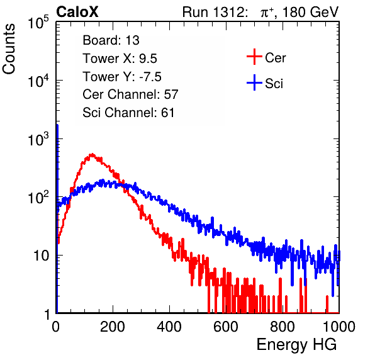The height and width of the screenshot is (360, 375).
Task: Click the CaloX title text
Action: point(77,12)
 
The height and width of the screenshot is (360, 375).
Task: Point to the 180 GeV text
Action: point(310,12)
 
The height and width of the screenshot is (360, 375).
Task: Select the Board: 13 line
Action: point(111,40)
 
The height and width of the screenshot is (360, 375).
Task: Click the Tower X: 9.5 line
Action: point(120,59)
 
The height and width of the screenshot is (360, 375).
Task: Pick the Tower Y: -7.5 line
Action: point(122,77)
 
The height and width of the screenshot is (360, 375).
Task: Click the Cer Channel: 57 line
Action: point(130,94)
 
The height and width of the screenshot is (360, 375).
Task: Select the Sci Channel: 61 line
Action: point(128,113)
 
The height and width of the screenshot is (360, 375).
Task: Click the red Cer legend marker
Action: point(254,57)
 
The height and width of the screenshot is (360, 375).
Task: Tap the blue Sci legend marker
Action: point(254,83)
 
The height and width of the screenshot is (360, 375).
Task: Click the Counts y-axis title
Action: point(9,49)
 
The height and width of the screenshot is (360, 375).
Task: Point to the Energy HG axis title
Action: point(296,345)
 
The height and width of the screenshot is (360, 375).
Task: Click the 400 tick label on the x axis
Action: point(169,327)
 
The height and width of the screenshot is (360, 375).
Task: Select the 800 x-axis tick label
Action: point(283,327)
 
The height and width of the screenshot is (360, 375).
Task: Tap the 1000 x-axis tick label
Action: point(339,327)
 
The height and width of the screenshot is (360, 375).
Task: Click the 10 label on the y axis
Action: point(41,256)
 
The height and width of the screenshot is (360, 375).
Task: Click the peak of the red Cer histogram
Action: point(92,154)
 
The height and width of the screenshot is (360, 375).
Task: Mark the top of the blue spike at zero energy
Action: point(57,125)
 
